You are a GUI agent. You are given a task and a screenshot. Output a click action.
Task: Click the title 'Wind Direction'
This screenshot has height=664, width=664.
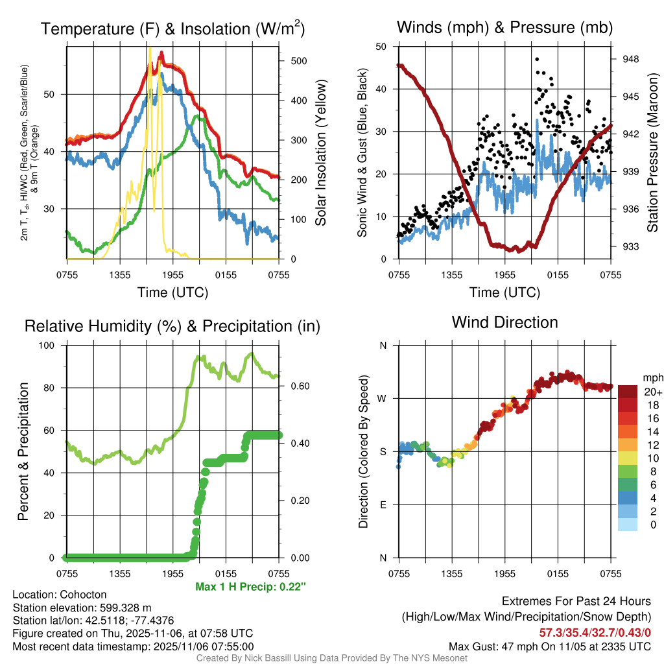click(x=504, y=322)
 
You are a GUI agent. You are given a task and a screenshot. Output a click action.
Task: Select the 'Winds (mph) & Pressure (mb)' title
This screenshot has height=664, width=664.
click(x=504, y=27)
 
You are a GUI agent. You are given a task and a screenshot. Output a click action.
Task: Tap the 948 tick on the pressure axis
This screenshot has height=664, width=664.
click(x=630, y=59)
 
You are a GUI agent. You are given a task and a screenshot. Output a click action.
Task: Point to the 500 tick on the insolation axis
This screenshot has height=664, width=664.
click(x=298, y=61)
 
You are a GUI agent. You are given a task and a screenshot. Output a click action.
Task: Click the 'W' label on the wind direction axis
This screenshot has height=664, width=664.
click(x=383, y=398)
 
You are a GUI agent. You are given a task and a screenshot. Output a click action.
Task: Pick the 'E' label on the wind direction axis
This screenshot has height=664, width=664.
click(x=383, y=504)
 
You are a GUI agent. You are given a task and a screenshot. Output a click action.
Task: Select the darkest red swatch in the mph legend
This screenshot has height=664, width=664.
click(x=628, y=392)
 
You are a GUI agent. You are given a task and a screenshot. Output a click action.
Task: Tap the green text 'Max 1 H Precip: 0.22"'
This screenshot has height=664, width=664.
click(x=250, y=587)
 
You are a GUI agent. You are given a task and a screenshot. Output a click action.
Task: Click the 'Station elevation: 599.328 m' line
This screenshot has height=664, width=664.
click(x=82, y=608)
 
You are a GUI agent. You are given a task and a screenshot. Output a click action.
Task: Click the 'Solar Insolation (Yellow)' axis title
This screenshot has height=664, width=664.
click(x=320, y=152)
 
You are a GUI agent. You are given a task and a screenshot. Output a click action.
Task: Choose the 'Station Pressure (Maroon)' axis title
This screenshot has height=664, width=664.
click(x=652, y=152)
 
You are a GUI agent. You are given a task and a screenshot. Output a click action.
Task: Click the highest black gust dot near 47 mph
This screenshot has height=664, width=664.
click(x=537, y=59)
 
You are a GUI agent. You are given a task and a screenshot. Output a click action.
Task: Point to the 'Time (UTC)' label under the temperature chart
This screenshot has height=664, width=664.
click(x=172, y=292)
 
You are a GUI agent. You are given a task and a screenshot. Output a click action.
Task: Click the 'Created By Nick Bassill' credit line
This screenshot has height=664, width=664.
click(x=331, y=658)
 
